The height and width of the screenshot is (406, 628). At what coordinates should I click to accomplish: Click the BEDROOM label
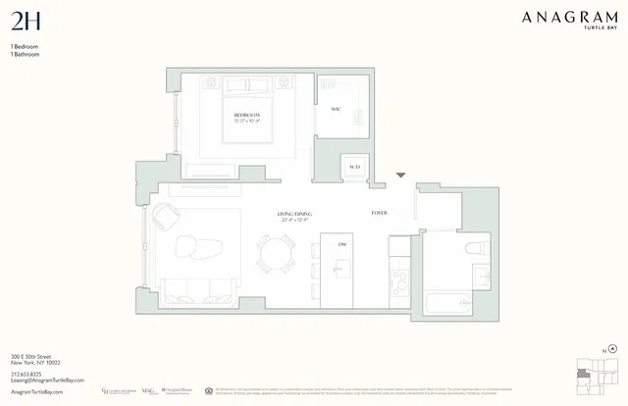(x=245, y=115)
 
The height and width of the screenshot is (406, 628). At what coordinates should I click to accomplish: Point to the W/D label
(x=354, y=167)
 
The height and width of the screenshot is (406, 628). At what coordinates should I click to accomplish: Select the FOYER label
(x=379, y=213)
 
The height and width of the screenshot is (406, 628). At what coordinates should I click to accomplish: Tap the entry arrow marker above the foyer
(x=400, y=176)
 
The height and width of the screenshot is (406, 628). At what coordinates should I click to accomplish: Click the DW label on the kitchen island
(x=342, y=243)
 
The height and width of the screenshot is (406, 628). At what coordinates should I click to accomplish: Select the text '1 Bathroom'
(x=26, y=55)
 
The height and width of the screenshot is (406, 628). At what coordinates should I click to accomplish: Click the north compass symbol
(x=613, y=347)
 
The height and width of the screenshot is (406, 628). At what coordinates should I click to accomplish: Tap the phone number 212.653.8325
(x=27, y=373)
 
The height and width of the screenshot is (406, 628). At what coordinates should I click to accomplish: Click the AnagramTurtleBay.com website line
(x=36, y=390)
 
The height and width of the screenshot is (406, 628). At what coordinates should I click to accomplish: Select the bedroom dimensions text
(x=245, y=122)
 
